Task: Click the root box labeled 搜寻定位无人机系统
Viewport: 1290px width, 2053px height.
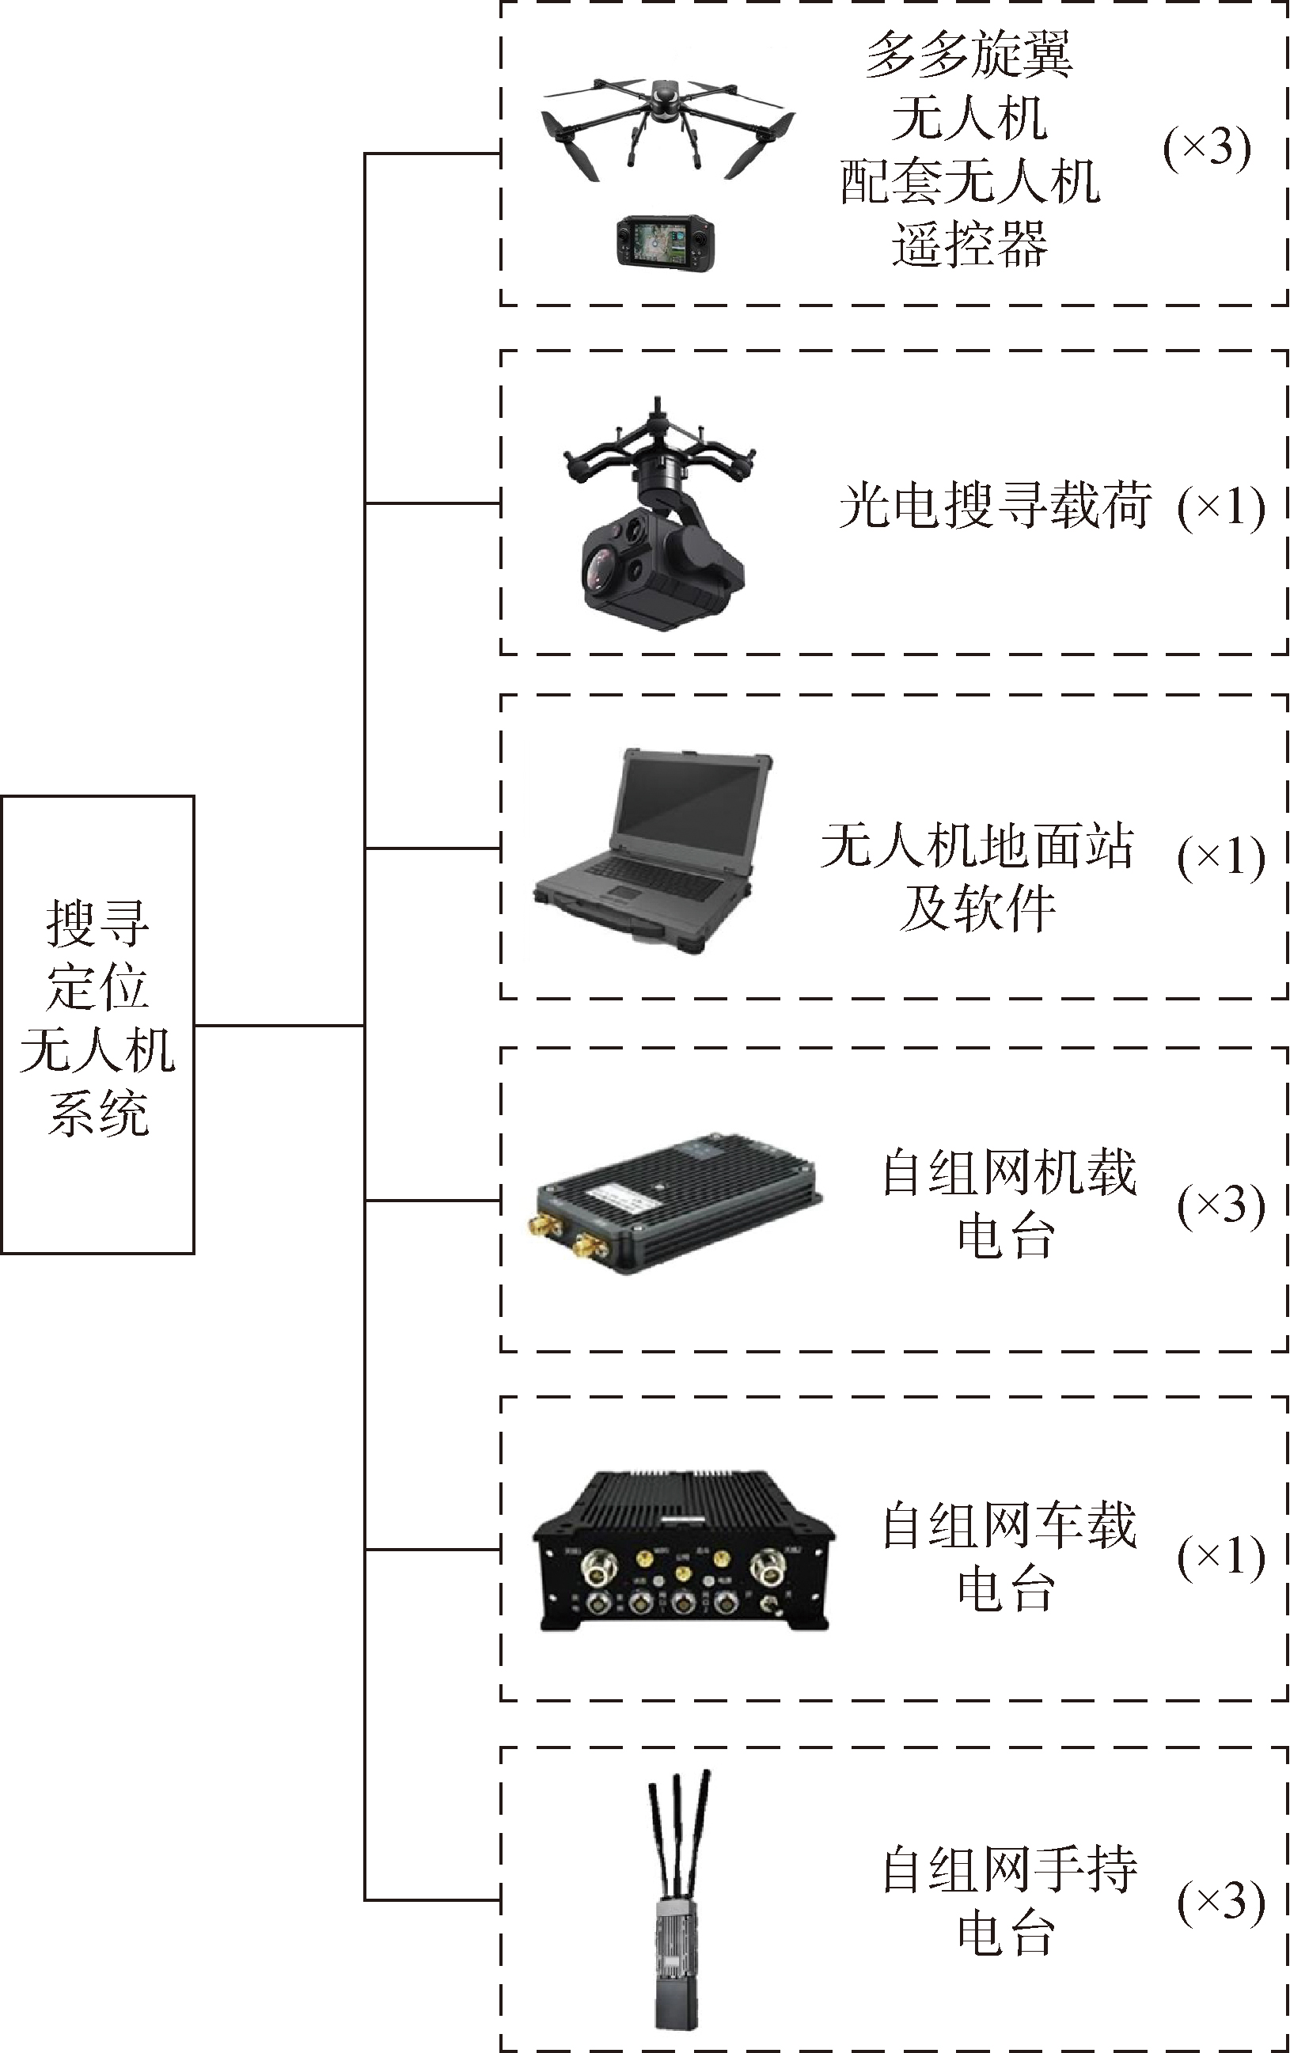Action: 97,1024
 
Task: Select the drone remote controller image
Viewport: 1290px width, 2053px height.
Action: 665,241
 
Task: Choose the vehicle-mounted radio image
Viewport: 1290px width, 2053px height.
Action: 682,1551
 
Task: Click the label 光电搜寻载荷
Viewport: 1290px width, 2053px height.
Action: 994,506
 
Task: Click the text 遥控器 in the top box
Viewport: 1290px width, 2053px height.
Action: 969,245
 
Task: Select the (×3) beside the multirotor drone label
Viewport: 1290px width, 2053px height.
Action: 1206,150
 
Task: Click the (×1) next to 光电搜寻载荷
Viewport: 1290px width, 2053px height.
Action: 1220,509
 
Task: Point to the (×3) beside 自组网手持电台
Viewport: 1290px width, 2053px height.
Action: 1220,1901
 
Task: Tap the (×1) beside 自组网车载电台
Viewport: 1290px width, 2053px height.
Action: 1220,1558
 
